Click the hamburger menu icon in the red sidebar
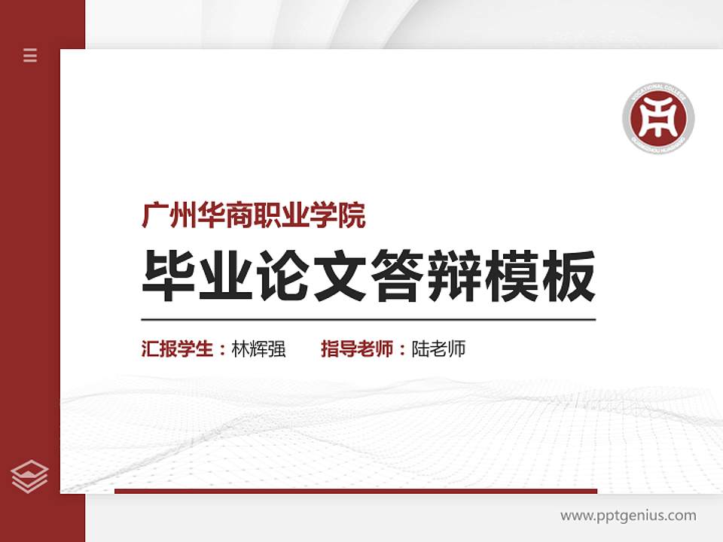pyautogui.click(x=30, y=55)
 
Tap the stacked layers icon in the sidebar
pyautogui.click(x=30, y=477)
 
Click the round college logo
pyautogui.click(x=657, y=118)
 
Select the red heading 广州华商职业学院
pyautogui.click(x=254, y=217)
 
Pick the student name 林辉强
pyautogui.click(x=259, y=349)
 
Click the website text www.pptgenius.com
pyautogui.click(x=628, y=516)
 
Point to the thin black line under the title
pyautogui.click(x=368, y=319)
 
